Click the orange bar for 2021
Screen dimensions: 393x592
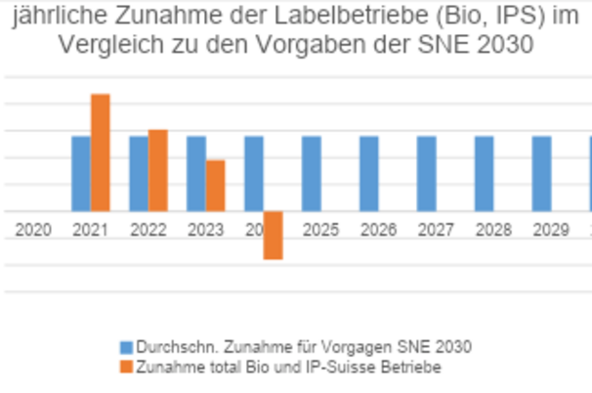click(100, 153)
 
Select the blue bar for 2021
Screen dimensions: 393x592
click(81, 173)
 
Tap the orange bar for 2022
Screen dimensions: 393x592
click(158, 170)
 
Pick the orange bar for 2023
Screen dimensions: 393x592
click(216, 186)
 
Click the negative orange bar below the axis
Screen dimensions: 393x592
click(273, 235)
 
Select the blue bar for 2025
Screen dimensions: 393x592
click(312, 173)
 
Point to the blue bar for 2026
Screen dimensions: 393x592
click(369, 173)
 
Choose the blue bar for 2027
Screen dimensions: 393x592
click(427, 173)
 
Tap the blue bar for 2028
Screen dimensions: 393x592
click(485, 173)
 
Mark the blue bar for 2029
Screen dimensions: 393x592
click(542, 173)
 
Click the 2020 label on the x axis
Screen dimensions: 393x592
click(32, 230)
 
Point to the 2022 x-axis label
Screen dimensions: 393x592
click(148, 230)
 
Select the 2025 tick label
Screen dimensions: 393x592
click(320, 230)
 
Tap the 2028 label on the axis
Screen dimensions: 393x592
click(493, 230)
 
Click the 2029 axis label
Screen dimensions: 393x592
click(551, 230)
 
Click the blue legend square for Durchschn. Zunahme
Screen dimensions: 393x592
click(125, 347)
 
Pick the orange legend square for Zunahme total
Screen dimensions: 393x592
click(125, 367)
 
